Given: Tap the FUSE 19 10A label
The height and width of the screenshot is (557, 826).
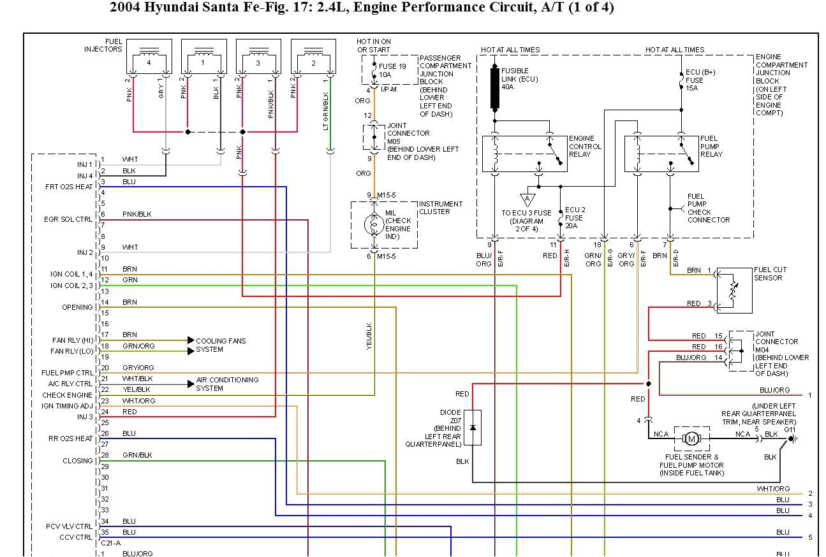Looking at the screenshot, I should [x=392, y=70].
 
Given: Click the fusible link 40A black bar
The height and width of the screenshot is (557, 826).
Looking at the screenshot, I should [x=494, y=88].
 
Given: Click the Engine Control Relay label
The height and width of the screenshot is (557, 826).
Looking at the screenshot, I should [x=585, y=147].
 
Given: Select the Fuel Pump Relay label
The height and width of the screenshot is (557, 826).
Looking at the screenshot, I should [x=711, y=147].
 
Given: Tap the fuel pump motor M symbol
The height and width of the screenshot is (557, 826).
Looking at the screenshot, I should [x=691, y=438].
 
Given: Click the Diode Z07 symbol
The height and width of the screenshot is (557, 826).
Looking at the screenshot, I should [x=473, y=427].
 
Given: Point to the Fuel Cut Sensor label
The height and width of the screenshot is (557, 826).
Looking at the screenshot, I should [x=770, y=274].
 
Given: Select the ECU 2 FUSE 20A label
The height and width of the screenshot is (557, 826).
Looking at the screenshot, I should [x=575, y=217].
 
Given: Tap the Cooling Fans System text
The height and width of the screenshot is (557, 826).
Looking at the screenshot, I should [x=221, y=345].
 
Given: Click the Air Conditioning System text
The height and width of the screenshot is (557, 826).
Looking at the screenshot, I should [x=227, y=384].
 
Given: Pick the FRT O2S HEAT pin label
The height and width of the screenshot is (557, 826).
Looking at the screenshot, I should [x=70, y=187].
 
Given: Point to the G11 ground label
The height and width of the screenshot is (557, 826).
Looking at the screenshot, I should [x=790, y=430].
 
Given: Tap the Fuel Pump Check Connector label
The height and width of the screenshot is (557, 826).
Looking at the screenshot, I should [x=708, y=208].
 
